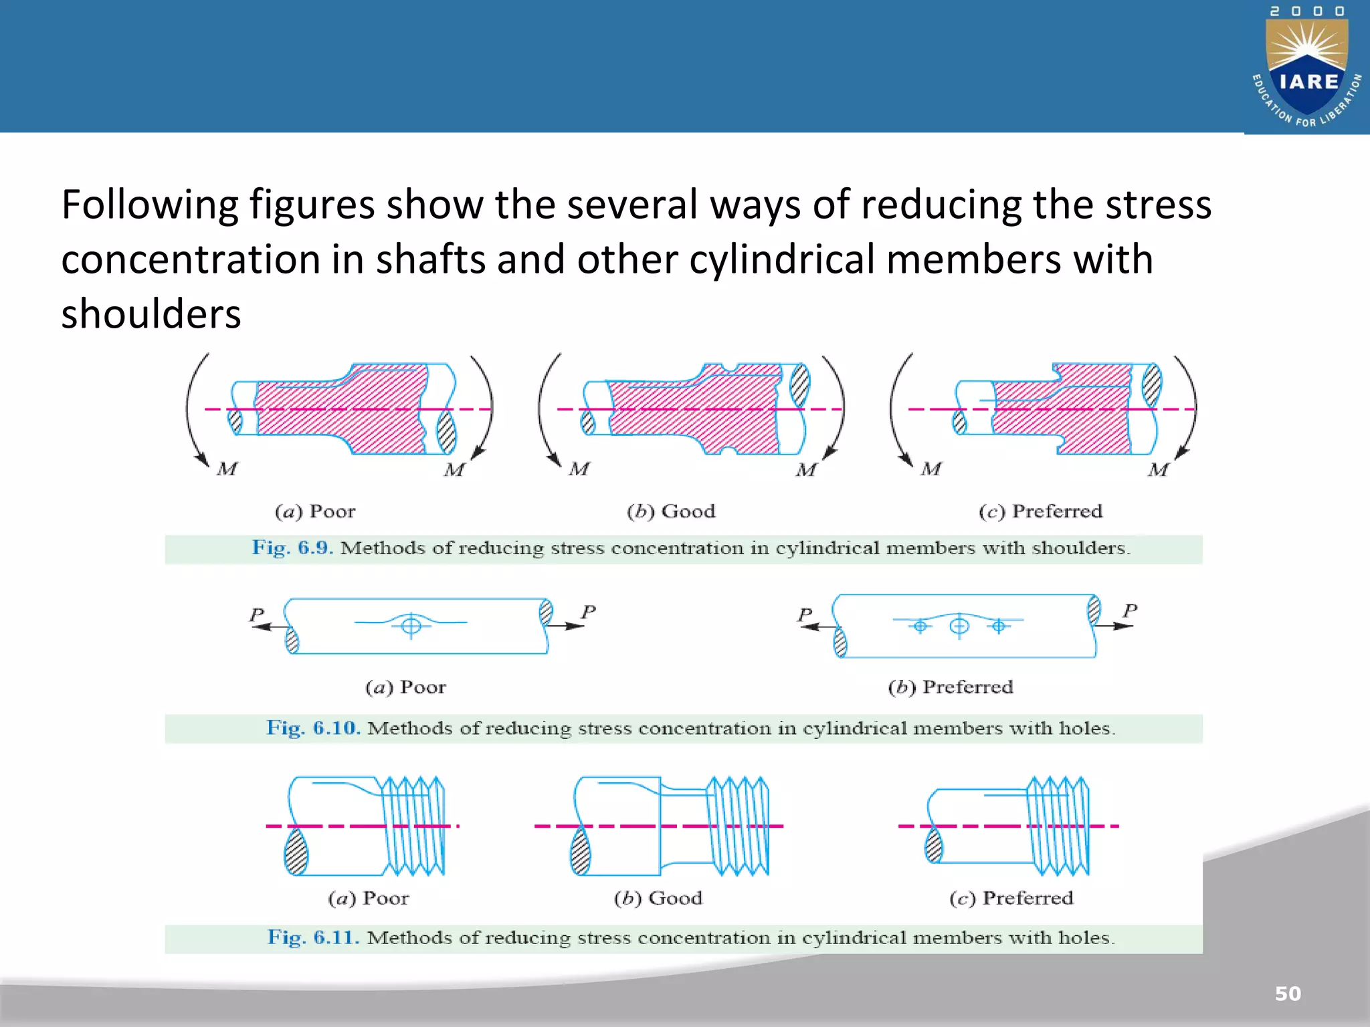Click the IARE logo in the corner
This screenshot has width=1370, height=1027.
pyautogui.click(x=1307, y=67)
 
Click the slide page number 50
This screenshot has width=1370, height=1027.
pyautogui.click(x=1288, y=994)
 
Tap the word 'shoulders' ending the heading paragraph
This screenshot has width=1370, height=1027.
pyautogui.click(x=151, y=314)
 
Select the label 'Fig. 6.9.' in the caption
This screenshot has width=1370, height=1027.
pyautogui.click(x=292, y=548)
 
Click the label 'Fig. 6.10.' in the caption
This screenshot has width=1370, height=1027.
pyautogui.click(x=313, y=727)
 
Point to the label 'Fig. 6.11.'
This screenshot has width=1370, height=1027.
pyautogui.click(x=313, y=937)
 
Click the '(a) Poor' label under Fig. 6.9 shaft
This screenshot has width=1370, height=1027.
pyautogui.click(x=315, y=511)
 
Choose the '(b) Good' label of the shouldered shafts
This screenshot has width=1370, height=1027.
pyautogui.click(x=671, y=511)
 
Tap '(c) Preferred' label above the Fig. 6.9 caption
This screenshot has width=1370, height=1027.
pyautogui.click(x=1040, y=511)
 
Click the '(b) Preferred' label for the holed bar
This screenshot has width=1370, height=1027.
pyautogui.click(x=951, y=687)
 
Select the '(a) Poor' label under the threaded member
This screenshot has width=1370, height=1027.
pyautogui.click(x=369, y=898)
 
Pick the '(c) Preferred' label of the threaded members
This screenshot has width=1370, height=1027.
pyautogui.click(x=1011, y=898)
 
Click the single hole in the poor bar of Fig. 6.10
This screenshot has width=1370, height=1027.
pyautogui.click(x=411, y=626)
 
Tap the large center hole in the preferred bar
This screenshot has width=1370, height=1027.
pyautogui.click(x=959, y=626)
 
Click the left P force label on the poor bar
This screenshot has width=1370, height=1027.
pyautogui.click(x=257, y=614)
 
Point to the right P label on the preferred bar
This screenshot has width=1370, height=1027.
pyautogui.click(x=1130, y=610)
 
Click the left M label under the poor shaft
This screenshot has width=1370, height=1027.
pyautogui.click(x=227, y=469)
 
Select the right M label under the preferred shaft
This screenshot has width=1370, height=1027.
pyautogui.click(x=1159, y=469)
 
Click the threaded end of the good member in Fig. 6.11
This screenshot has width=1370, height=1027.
pyautogui.click(x=739, y=826)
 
